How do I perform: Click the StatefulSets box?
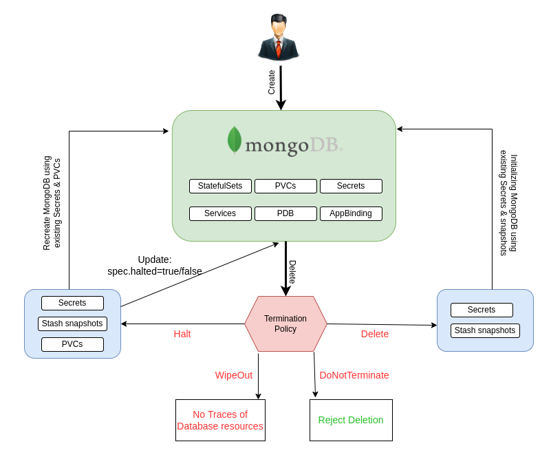click(x=220, y=186)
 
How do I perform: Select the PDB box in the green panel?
click(x=285, y=213)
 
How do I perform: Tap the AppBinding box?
click(x=351, y=213)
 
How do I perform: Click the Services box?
click(x=220, y=213)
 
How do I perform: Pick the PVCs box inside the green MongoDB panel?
click(x=285, y=186)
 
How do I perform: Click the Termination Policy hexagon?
click(x=285, y=324)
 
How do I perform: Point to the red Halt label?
click(x=182, y=334)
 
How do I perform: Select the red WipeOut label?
click(x=234, y=375)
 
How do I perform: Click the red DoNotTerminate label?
click(x=354, y=375)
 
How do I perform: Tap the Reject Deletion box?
click(x=351, y=420)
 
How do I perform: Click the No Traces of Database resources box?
click(x=220, y=420)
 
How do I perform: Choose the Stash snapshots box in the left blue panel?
click(x=72, y=324)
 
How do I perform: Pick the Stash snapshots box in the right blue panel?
click(x=485, y=330)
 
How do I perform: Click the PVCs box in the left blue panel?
click(x=72, y=344)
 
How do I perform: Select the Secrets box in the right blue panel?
click(x=482, y=310)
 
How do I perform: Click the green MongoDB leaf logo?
click(x=235, y=140)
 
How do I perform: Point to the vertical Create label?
click(x=272, y=82)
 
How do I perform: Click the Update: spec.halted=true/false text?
click(x=155, y=265)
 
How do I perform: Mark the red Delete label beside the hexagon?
click(x=375, y=334)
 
